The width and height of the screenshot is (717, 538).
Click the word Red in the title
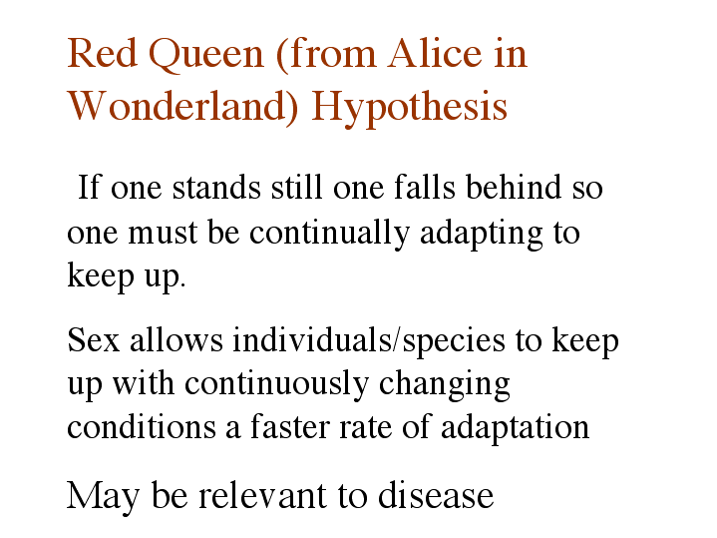coord(103,53)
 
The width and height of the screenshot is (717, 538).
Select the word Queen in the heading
coord(206,55)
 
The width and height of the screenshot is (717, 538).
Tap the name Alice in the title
coord(435,53)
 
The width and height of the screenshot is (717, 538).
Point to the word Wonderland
coord(182,106)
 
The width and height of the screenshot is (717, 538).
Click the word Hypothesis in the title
coord(409,108)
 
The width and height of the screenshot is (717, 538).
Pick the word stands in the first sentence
coord(216,187)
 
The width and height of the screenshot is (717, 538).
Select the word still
coord(297,187)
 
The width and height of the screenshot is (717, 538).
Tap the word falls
coord(425,187)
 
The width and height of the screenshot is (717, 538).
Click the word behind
coord(514,187)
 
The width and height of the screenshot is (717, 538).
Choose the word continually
coord(329,234)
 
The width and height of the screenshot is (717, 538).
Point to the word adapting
coord(481,234)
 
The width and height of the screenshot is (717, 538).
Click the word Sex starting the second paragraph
coord(94,339)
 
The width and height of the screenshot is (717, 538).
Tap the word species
coord(454,342)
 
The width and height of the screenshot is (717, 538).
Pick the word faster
coord(289,426)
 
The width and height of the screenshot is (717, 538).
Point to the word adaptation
coord(515,428)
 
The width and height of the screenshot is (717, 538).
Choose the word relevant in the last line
coord(262,495)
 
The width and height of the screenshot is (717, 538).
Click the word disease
coord(436,495)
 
